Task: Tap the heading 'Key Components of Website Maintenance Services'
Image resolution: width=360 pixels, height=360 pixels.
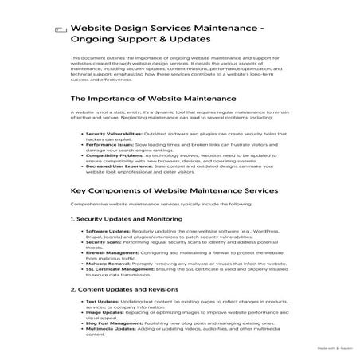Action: [x=174, y=191]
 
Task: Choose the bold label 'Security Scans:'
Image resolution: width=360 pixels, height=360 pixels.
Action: [x=104, y=242]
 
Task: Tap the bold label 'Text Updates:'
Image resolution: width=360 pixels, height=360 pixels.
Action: [x=102, y=302]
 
